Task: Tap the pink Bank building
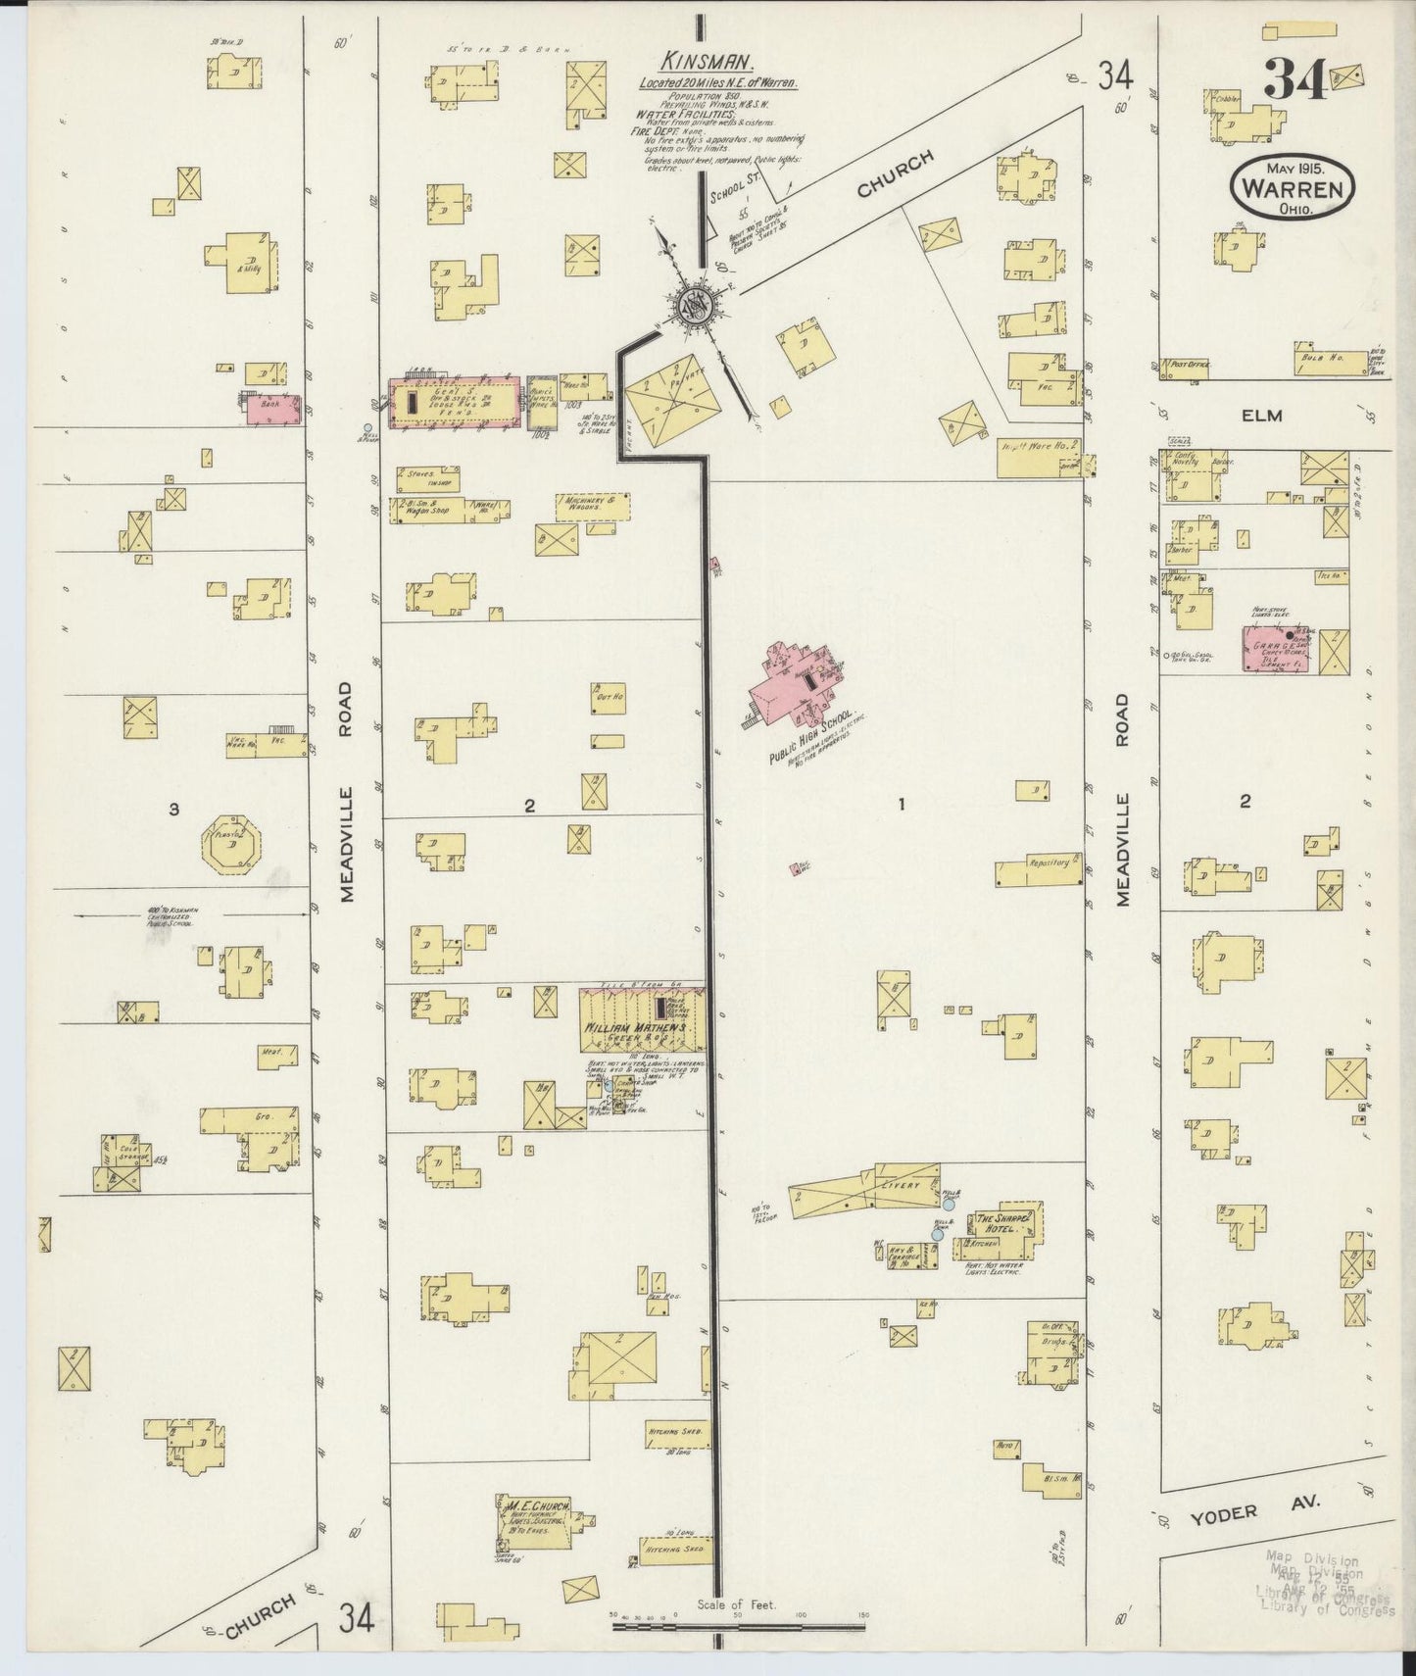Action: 270,408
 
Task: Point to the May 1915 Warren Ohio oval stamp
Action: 1294,185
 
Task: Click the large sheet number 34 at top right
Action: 1295,80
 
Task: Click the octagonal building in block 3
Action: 231,845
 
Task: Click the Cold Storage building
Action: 122,1162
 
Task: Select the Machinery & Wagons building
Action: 591,505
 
